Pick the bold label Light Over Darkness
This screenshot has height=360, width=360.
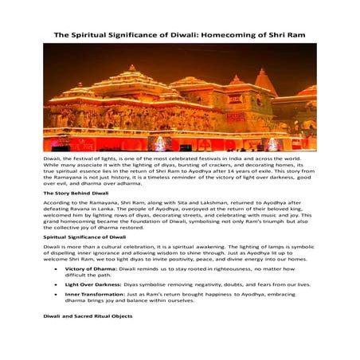tap(93, 284)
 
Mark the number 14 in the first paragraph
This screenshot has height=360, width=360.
tap(264, 171)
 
